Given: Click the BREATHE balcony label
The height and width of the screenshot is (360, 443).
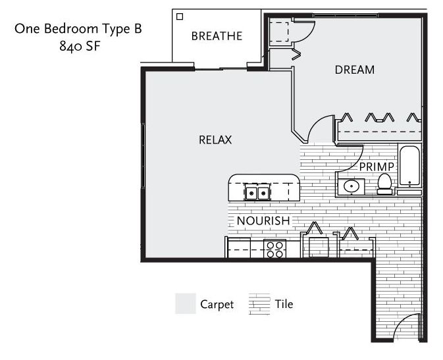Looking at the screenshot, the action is tap(217, 36).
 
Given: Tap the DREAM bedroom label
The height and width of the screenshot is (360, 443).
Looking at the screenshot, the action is tap(355, 70).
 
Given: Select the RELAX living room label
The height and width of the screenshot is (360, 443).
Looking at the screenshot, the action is tap(215, 140).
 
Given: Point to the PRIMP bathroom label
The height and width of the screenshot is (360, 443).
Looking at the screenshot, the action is tap(377, 167).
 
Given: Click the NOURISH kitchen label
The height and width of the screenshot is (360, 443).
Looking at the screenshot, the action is tap(263, 220).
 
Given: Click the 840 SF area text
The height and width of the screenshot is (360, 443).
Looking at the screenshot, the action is tap(80, 46).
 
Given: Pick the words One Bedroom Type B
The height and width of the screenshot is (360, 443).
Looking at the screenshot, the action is tap(78, 29).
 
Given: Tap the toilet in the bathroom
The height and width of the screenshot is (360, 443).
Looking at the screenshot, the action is tap(385, 184).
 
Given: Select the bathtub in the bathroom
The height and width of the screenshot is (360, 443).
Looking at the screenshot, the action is tap(409, 166).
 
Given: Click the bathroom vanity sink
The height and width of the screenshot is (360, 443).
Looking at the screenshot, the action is tap(352, 186).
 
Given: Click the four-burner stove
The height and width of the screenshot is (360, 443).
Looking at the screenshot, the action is tap(274, 249).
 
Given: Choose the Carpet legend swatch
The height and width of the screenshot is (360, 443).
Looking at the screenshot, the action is tap(186, 303).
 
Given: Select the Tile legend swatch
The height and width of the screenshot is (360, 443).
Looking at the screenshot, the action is tap(259, 304).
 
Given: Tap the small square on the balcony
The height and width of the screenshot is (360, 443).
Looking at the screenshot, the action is tap(180, 16).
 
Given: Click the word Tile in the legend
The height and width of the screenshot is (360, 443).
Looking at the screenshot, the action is tap(284, 304).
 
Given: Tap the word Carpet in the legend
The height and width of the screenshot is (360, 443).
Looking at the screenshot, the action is tap(217, 305).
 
